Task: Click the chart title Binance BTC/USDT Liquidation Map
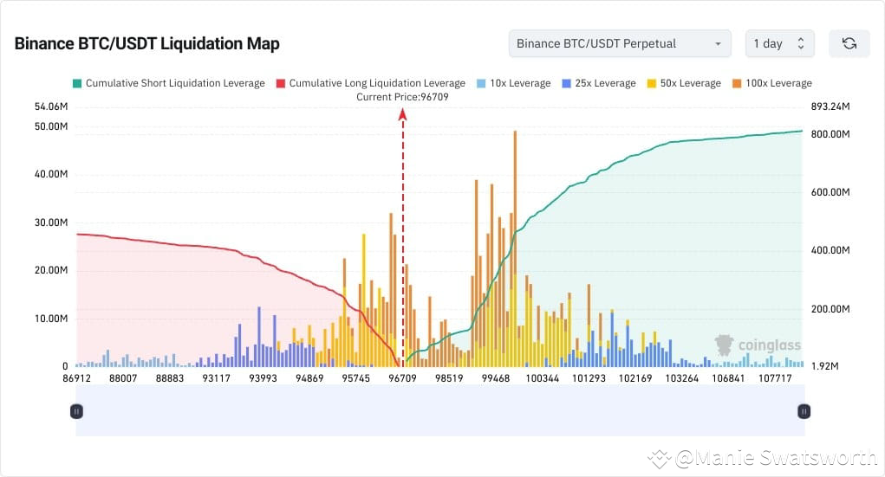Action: tap(146, 43)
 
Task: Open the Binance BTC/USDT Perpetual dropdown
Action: tap(619, 43)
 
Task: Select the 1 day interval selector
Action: tap(778, 43)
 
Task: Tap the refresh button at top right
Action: tap(849, 43)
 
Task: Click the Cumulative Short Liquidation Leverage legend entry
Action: tap(168, 83)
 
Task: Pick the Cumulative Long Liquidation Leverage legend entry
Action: tap(370, 83)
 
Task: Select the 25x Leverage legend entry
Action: tap(599, 83)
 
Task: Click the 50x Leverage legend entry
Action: tap(684, 83)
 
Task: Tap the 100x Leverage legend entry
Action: tap(771, 83)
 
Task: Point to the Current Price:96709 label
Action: tap(402, 97)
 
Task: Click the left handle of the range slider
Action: tap(76, 412)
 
